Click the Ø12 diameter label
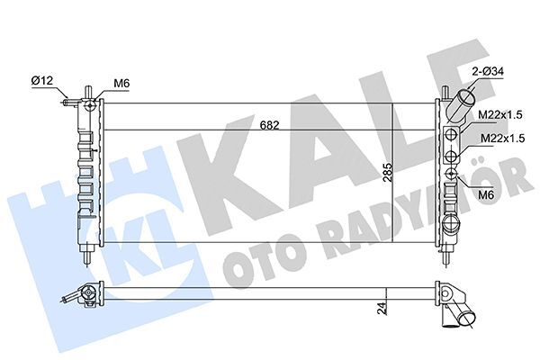(42, 82)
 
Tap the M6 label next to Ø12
(121, 84)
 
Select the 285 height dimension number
(388, 173)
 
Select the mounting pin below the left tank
(87, 256)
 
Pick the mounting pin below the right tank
(447, 256)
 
